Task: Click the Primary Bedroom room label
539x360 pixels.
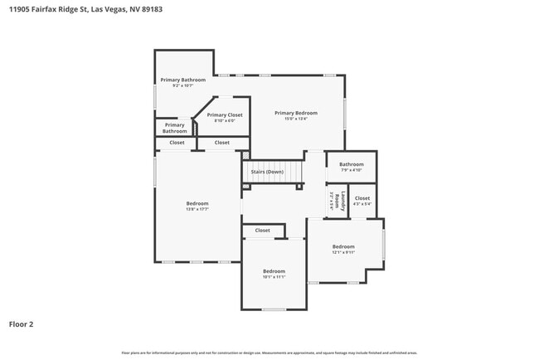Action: pos(296,113)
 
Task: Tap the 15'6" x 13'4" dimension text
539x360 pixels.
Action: pos(296,119)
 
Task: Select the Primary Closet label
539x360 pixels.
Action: pos(224,115)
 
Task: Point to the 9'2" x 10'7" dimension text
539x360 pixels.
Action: pos(182,85)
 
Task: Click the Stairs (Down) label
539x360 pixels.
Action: pos(273,172)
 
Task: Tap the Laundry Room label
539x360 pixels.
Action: pos(333,200)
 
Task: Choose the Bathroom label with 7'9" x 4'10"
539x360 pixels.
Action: pos(351,164)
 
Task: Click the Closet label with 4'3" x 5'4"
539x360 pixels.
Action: pos(362,198)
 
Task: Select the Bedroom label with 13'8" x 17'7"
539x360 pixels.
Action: pos(197,203)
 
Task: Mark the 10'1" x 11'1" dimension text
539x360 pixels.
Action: pos(274,277)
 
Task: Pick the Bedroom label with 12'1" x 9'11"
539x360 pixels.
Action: pos(343,246)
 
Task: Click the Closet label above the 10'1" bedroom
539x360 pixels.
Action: pos(262,231)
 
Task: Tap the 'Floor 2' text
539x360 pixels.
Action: pos(22,324)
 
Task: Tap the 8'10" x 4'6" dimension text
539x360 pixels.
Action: pos(224,121)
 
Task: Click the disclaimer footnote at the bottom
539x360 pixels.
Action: pos(269,353)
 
